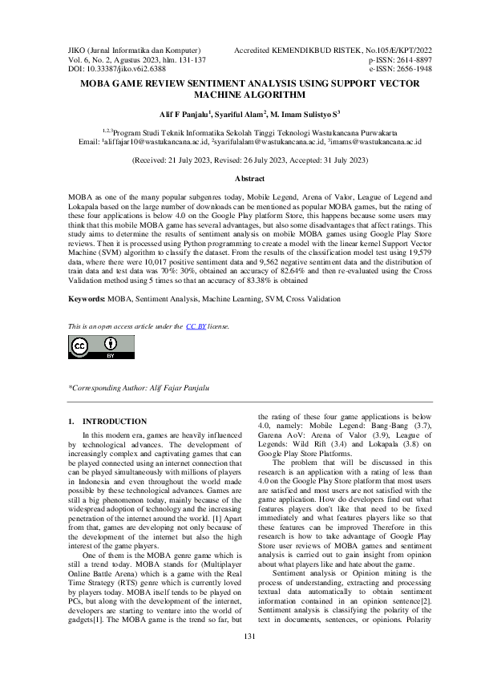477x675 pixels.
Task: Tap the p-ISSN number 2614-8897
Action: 409,59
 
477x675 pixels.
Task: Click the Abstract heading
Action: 238,177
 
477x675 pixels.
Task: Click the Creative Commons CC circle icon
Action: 80,346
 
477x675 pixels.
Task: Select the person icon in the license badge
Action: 110,343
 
